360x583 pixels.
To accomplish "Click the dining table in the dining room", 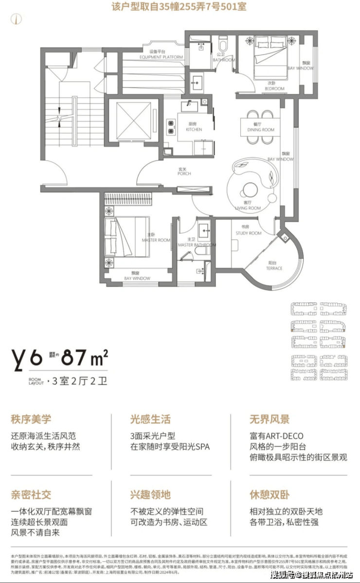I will (x=260, y=127).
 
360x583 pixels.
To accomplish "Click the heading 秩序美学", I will (x=31, y=419).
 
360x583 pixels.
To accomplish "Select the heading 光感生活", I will (x=151, y=419).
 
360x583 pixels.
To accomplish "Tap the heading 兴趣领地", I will (x=151, y=495).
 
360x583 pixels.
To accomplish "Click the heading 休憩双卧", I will (x=270, y=495).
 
